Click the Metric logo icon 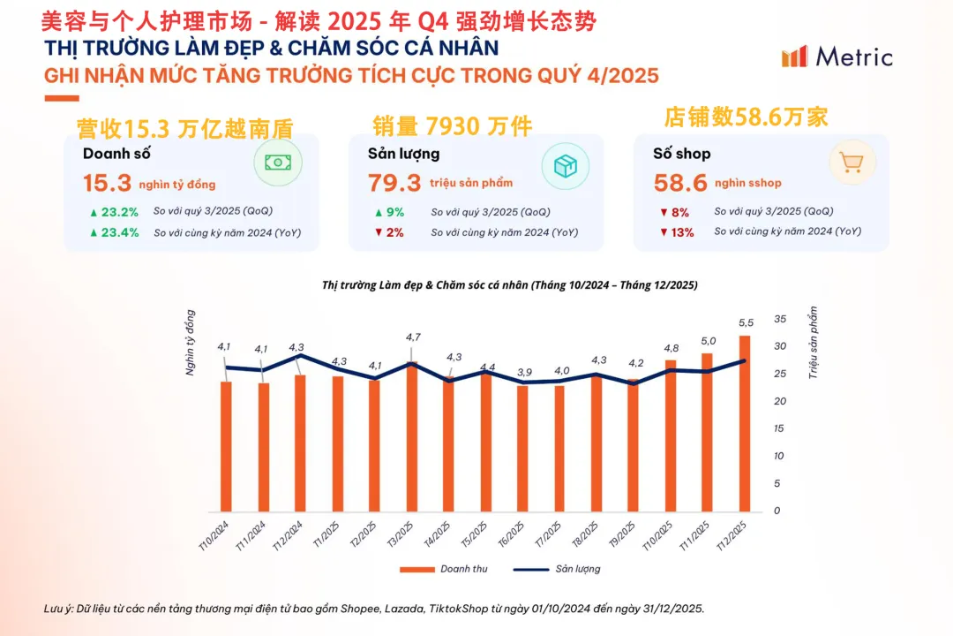coord(794,57)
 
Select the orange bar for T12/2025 coord(745,424)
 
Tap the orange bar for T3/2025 coord(412,436)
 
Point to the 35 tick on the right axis coord(779,318)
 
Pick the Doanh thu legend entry coord(445,569)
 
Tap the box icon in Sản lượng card coord(564,165)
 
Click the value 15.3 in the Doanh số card coord(107,184)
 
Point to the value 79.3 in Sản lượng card coord(394,184)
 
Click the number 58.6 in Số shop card coord(680,184)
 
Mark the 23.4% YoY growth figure coord(115,232)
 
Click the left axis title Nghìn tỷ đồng coord(191,344)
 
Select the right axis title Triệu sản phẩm coord(814,344)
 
